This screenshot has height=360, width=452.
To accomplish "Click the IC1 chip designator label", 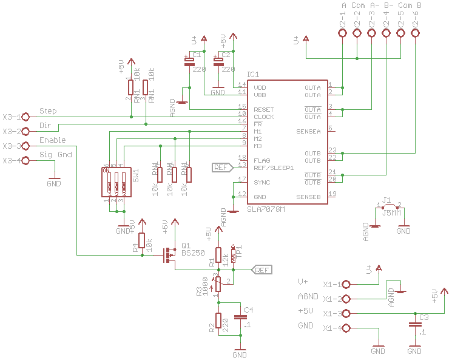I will click(253, 75).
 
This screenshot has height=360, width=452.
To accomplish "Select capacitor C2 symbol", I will click(218, 61).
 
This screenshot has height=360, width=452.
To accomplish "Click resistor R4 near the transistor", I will click(141, 241).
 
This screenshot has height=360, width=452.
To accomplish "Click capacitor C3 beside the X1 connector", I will click(415, 325).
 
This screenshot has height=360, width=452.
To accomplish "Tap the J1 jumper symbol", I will click(389, 207).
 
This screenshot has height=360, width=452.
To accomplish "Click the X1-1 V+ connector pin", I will click(346, 284).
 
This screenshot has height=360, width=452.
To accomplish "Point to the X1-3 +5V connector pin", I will click(346, 313).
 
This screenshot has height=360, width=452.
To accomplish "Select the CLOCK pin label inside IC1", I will click(264, 117).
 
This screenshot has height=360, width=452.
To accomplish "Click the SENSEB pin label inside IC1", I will click(308, 197).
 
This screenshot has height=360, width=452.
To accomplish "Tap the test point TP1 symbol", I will click(234, 255).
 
